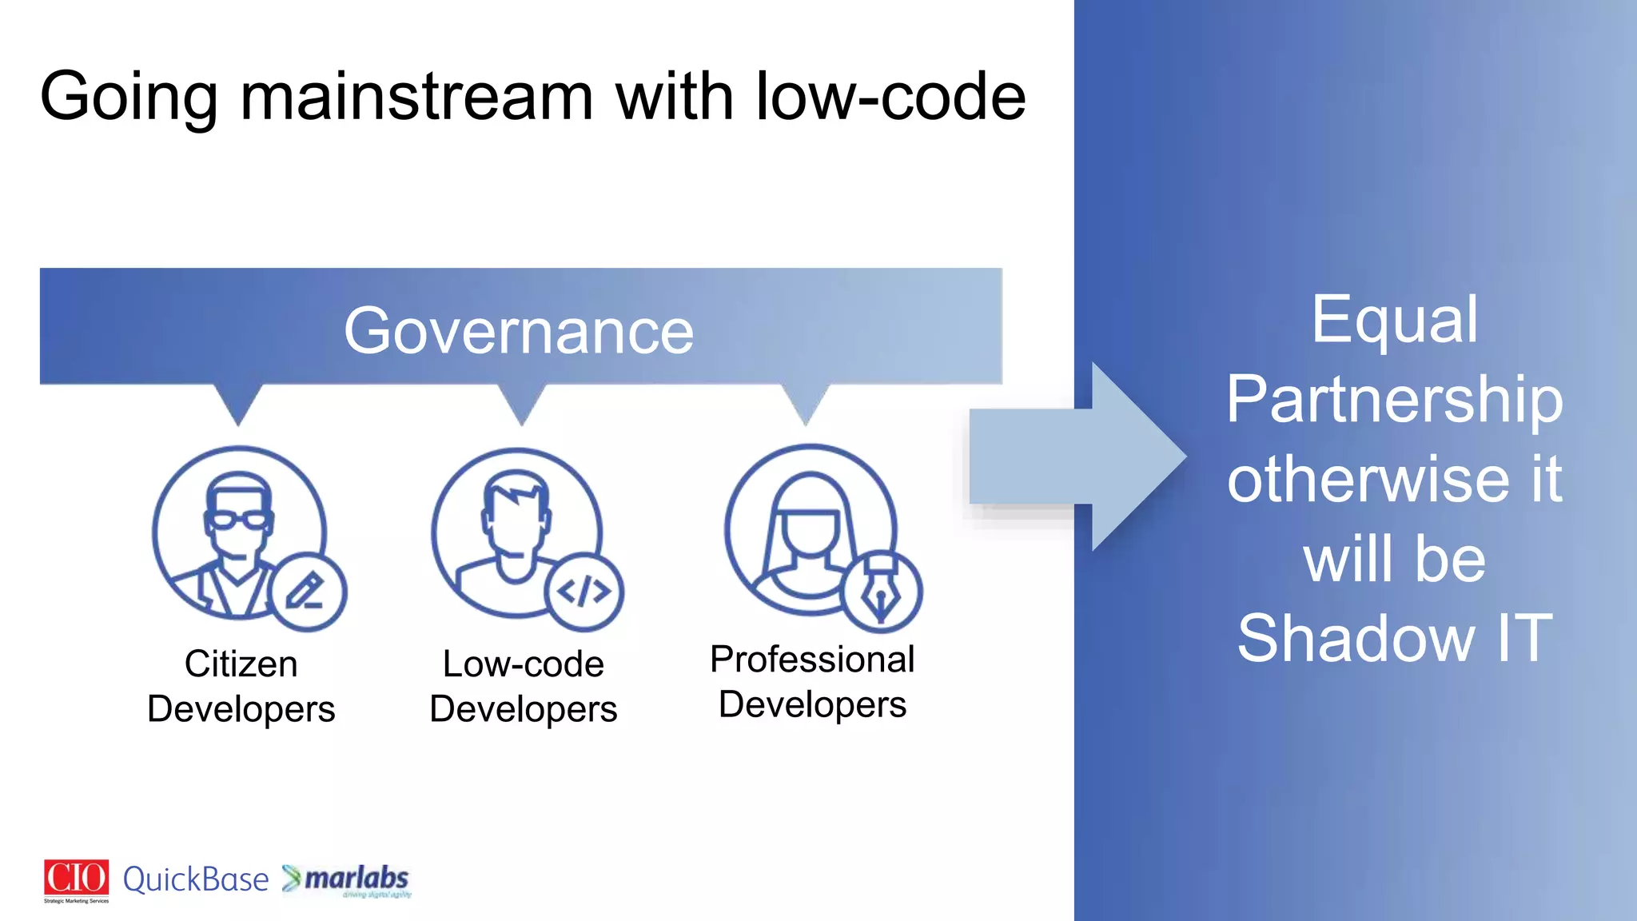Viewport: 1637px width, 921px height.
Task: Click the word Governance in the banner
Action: [519, 331]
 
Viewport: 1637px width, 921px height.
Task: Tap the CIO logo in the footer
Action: [76, 879]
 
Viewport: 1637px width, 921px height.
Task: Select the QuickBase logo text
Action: [196, 879]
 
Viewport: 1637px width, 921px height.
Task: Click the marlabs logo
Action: [349, 879]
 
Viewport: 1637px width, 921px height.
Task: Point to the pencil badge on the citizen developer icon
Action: [307, 592]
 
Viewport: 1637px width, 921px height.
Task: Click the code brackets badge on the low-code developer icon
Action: [584, 592]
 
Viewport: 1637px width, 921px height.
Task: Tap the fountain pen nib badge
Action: [882, 592]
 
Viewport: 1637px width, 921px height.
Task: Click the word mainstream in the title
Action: [416, 97]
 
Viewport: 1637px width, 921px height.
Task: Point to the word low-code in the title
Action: [890, 97]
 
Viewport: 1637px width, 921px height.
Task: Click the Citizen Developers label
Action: [241, 686]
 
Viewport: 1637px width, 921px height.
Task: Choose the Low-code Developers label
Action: [524, 686]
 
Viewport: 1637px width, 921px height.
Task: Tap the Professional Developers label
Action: [812, 682]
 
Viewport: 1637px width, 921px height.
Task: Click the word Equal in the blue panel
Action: [1395, 319]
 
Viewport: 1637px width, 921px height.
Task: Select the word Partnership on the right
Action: [1395, 399]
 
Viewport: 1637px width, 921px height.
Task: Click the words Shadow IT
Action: [1395, 638]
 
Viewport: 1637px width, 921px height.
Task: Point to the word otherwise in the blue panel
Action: [1368, 479]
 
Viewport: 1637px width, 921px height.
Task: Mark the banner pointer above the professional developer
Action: [806, 404]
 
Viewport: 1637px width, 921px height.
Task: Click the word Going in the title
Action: [129, 97]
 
